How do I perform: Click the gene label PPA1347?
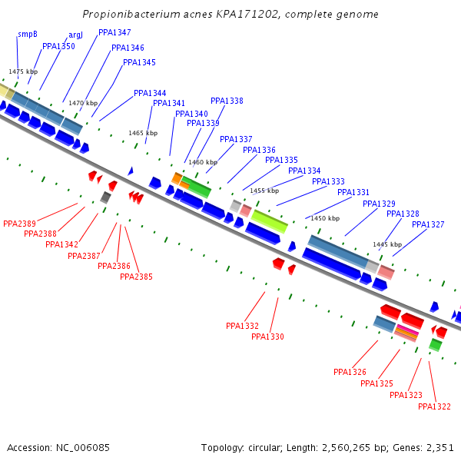114,32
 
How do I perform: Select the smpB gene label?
28,35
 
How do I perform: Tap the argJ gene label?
75,35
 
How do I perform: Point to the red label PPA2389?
19,224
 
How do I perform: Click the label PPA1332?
242,326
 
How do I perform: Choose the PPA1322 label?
434,406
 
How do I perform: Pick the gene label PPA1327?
428,224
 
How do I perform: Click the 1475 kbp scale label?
23,71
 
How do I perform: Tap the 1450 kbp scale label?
325,218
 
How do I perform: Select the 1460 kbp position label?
203,162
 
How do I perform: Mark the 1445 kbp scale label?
387,244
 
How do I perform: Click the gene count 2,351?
439,447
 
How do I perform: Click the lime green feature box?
270,221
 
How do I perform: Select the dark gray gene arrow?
105,197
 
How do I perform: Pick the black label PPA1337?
236,139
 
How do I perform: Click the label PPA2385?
136,277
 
